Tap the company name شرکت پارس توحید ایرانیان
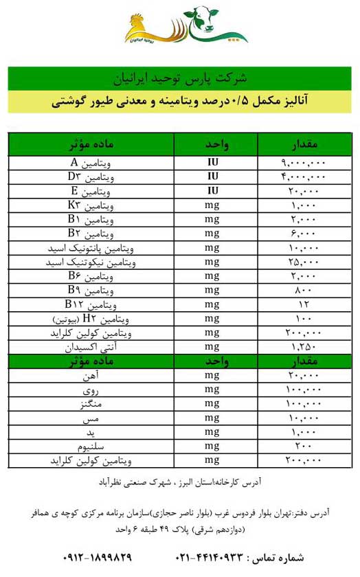(180, 78)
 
